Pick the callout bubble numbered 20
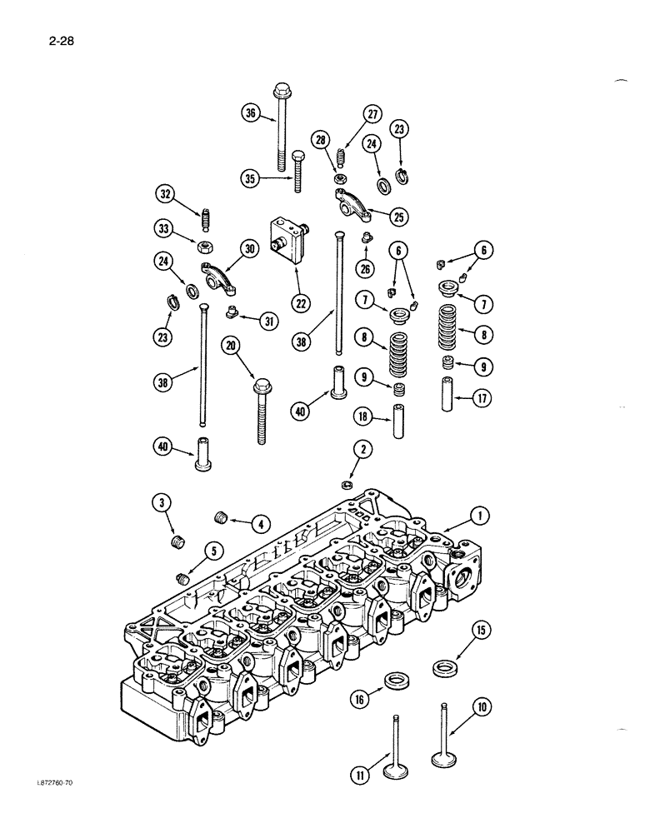232,345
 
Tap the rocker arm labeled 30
218,277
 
